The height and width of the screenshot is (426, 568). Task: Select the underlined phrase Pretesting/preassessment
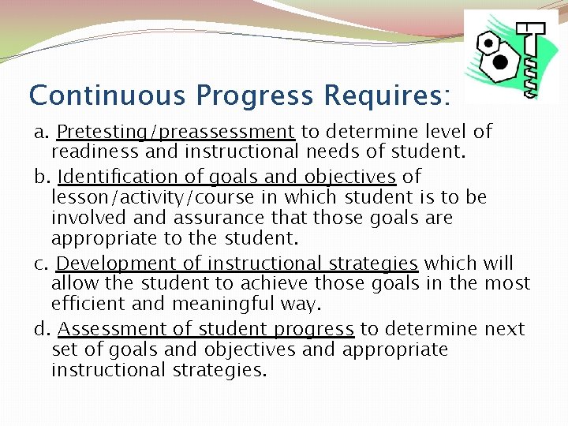(176, 132)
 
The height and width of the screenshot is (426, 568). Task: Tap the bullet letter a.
(39, 132)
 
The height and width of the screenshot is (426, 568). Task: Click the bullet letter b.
(39, 177)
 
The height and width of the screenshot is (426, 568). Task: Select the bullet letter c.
(39, 263)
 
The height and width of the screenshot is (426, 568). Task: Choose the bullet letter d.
(39, 328)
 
